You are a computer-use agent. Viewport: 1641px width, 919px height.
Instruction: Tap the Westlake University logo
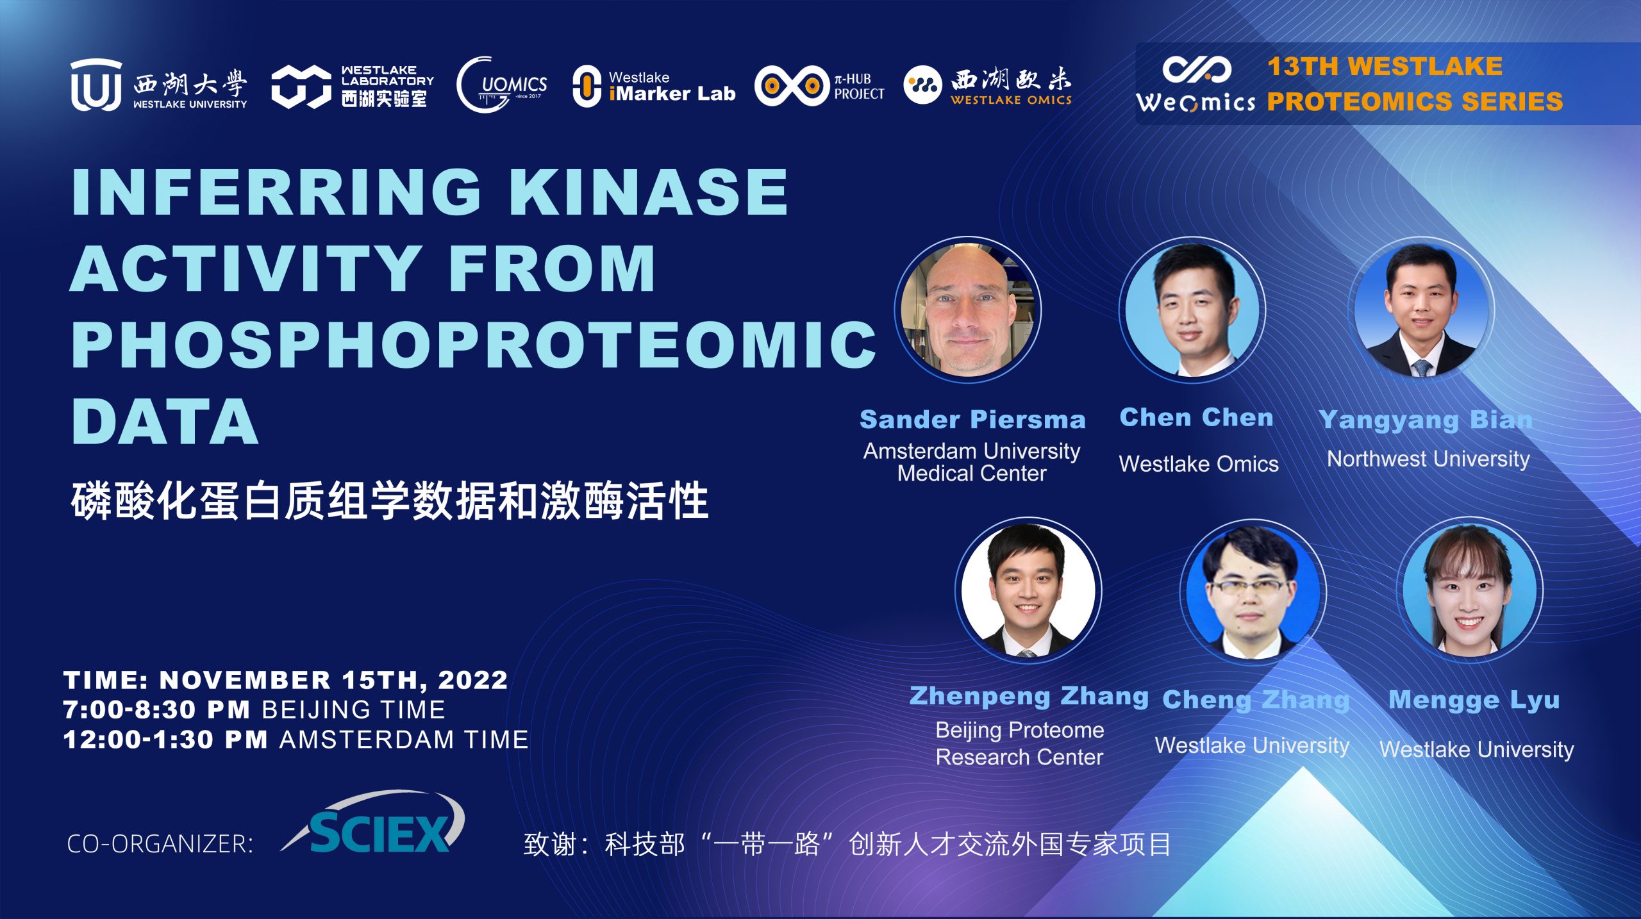pyautogui.click(x=158, y=85)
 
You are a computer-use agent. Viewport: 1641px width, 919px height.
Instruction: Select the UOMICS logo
pyautogui.click(x=502, y=85)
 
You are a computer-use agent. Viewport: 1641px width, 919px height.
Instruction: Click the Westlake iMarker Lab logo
pyautogui.click(x=653, y=86)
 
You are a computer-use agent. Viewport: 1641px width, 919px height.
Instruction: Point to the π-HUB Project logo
pyautogui.click(x=820, y=86)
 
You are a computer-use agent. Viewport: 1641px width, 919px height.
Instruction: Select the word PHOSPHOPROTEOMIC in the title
pyautogui.click(x=474, y=344)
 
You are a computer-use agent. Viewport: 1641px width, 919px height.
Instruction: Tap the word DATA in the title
pyautogui.click(x=165, y=421)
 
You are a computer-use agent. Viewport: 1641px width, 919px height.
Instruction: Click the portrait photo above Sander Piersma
pyautogui.click(x=968, y=310)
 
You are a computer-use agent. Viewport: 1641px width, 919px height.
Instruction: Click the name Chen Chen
pyautogui.click(x=1196, y=417)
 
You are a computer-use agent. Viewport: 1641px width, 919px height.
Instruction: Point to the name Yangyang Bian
pyautogui.click(x=1426, y=420)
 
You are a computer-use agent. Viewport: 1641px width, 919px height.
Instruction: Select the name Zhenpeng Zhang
pyautogui.click(x=1029, y=696)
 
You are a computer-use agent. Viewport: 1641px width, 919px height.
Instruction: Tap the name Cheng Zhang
pyautogui.click(x=1256, y=700)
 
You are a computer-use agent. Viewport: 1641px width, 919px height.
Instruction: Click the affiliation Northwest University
pyautogui.click(x=1428, y=459)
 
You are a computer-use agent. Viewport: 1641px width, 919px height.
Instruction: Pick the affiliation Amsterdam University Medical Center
pyautogui.click(x=972, y=462)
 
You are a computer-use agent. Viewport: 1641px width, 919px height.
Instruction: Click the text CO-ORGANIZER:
pyautogui.click(x=160, y=844)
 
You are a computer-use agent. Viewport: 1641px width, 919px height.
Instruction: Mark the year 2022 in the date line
pyautogui.click(x=473, y=680)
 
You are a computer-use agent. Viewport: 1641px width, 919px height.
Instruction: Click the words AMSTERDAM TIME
pyautogui.click(x=404, y=740)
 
